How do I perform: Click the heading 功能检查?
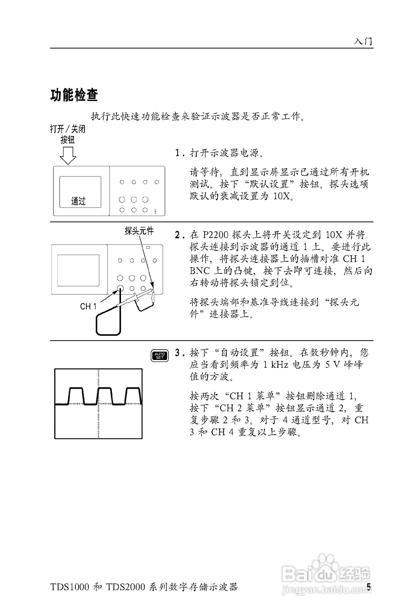click(x=74, y=95)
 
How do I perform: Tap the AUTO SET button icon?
click(x=159, y=356)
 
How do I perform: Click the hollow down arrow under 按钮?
click(x=68, y=155)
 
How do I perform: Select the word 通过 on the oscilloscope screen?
click(x=78, y=201)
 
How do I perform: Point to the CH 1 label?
click(x=88, y=306)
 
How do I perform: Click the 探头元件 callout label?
click(x=139, y=231)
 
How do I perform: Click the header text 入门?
click(x=363, y=41)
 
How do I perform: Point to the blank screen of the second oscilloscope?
click(x=78, y=270)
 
